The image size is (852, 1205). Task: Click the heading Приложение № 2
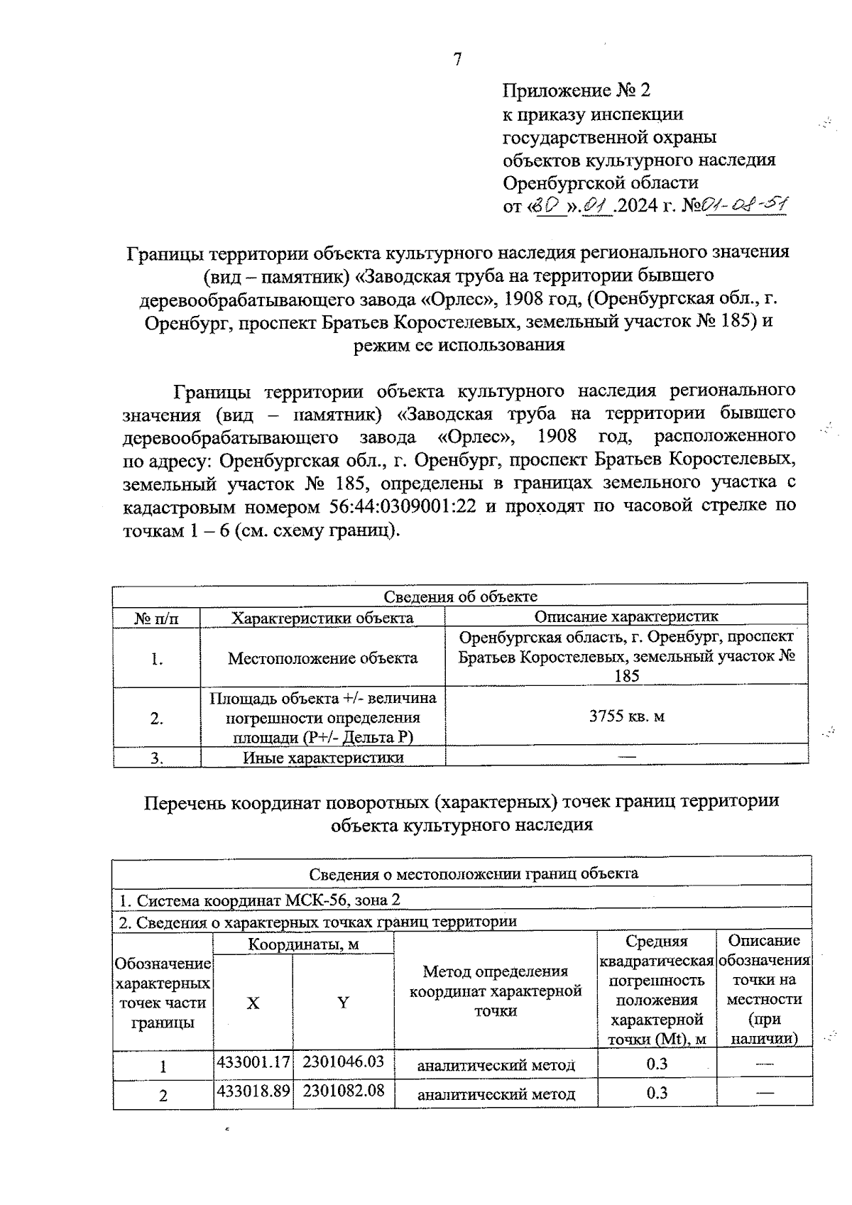(x=576, y=91)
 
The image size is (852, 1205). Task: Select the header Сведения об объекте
(x=460, y=596)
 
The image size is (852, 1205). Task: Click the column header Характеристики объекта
(x=322, y=618)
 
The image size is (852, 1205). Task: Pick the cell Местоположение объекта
(x=322, y=658)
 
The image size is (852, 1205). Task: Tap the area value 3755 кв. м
(x=627, y=716)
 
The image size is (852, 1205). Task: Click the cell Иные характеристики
(x=323, y=758)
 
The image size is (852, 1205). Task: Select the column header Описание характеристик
(x=626, y=616)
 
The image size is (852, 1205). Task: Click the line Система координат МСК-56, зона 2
(x=259, y=900)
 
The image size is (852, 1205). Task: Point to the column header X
(x=253, y=1003)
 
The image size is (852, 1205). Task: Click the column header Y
(x=343, y=1003)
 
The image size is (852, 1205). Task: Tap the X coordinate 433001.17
(x=253, y=1062)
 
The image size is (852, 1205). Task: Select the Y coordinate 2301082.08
(x=343, y=1091)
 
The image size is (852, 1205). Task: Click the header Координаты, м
(x=303, y=944)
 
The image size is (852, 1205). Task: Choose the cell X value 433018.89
(x=253, y=1091)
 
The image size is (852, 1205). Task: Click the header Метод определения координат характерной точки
(x=496, y=991)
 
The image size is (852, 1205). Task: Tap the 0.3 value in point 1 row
(x=657, y=1064)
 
